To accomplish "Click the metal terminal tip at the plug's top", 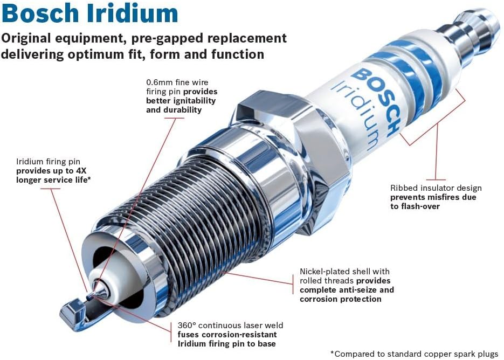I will click(474, 32).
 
